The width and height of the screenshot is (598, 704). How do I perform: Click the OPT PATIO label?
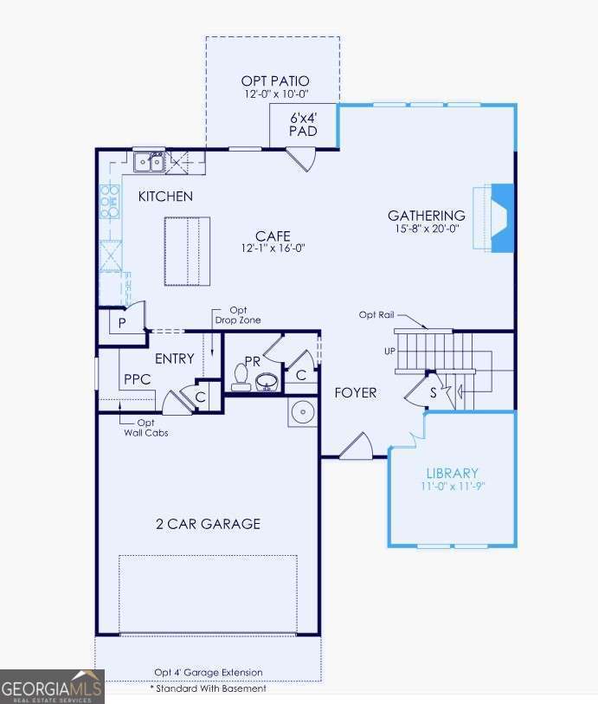(275, 81)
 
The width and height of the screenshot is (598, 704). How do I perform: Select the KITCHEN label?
(165, 197)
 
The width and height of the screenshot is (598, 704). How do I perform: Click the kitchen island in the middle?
(187, 251)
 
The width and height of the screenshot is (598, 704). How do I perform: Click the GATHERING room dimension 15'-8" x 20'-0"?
(426, 229)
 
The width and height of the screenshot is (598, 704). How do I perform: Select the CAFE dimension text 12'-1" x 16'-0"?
(273, 248)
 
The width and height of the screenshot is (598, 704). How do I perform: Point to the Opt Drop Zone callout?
(238, 315)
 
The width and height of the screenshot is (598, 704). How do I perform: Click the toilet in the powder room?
(241, 377)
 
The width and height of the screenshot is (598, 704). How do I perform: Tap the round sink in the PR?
(267, 380)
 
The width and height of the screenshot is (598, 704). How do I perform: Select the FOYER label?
(356, 393)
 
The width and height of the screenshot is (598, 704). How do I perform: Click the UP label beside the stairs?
(389, 352)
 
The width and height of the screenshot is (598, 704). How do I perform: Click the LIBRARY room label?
(452, 474)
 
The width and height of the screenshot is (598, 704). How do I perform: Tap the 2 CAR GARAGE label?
(208, 524)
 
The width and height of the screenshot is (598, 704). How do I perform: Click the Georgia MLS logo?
(52, 686)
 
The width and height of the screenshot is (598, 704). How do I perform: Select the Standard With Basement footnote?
(209, 688)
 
